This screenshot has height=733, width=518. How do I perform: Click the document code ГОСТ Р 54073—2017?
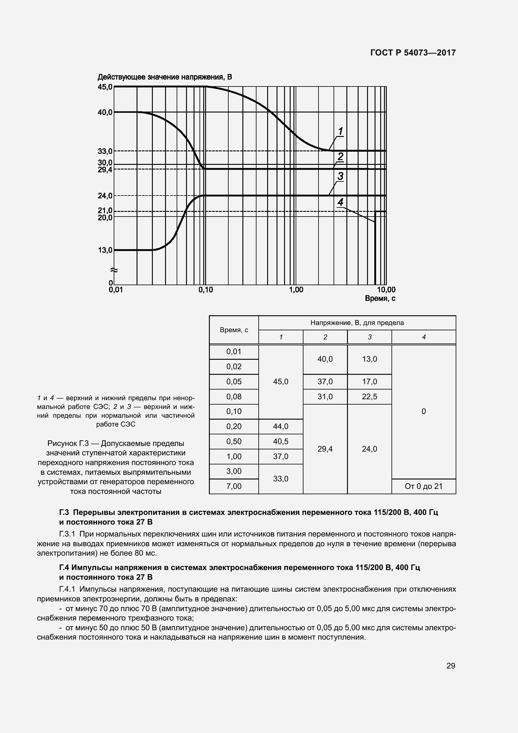point(413,53)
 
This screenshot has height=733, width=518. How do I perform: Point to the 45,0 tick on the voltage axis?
point(105,86)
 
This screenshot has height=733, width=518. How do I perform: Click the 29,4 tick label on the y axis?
point(105,170)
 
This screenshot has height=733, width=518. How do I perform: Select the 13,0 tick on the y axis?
point(105,250)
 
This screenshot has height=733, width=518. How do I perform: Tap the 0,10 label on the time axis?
point(206,290)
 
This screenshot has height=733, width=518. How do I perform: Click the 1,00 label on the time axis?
point(296,290)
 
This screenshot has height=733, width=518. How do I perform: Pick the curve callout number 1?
point(340,131)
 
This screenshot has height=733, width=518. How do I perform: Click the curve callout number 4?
point(340,202)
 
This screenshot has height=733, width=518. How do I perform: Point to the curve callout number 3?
point(340,176)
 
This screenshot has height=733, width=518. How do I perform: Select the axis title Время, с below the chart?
point(380,299)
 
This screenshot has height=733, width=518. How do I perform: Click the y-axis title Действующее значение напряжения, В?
point(165,77)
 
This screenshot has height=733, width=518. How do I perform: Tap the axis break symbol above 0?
point(114,270)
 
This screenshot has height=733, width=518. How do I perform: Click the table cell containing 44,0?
point(281,426)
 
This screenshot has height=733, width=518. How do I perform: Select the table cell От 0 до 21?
point(424,486)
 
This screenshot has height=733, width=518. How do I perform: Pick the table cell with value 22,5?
point(369,396)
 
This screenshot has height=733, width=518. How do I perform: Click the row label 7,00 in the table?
point(234,486)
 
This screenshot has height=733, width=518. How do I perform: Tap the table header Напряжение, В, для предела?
point(357,323)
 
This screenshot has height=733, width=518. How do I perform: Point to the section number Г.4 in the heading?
point(64,567)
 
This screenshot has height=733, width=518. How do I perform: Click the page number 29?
point(450,666)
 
